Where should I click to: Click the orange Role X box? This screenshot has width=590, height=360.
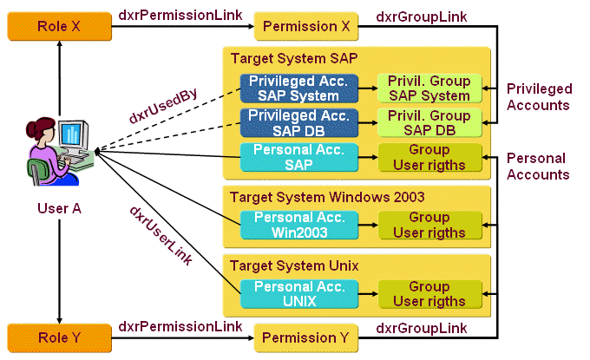click(59, 27)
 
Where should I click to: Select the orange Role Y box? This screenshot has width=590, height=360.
click(59, 336)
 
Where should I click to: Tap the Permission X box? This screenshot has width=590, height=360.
click(306, 27)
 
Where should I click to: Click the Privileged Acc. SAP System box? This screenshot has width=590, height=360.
click(298, 88)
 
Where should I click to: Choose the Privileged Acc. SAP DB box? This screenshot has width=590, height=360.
click(298, 122)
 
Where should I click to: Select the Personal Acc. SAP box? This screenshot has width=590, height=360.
click(298, 157)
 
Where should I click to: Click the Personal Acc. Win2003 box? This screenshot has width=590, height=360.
click(298, 225)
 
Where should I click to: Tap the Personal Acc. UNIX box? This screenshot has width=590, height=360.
click(298, 293)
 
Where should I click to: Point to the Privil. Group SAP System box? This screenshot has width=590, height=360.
click(429, 88)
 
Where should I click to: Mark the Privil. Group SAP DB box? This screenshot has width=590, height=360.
click(429, 122)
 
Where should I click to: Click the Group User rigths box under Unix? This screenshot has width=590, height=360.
click(429, 293)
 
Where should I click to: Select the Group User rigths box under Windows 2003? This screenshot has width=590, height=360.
click(429, 225)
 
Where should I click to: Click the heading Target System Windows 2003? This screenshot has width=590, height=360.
click(327, 197)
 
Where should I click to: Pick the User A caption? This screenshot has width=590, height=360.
click(59, 208)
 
